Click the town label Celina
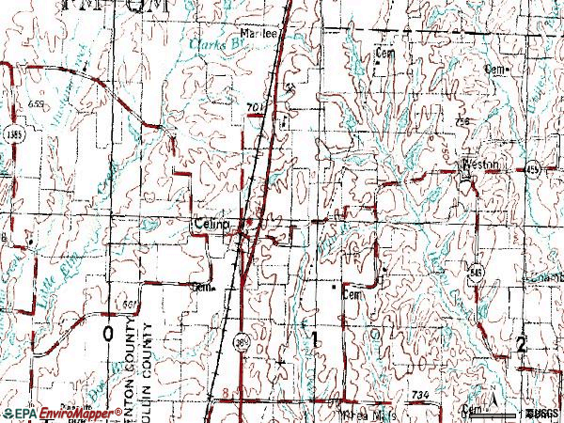tap(210, 223)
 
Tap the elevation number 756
tap(460, 123)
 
